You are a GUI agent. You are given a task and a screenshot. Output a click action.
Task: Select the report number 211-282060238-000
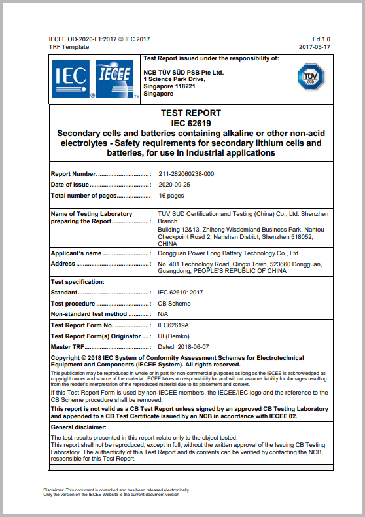[186, 174]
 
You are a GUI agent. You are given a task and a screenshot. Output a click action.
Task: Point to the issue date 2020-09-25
[174, 185]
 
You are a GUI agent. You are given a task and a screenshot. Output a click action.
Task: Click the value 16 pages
[171, 196]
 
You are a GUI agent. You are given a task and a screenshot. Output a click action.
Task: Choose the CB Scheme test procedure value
[174, 304]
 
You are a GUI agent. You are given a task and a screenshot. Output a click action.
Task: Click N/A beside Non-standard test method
[164, 314]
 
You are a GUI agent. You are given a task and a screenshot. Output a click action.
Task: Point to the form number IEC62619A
[173, 325]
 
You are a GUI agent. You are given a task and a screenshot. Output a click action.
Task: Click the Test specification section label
[77, 282]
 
